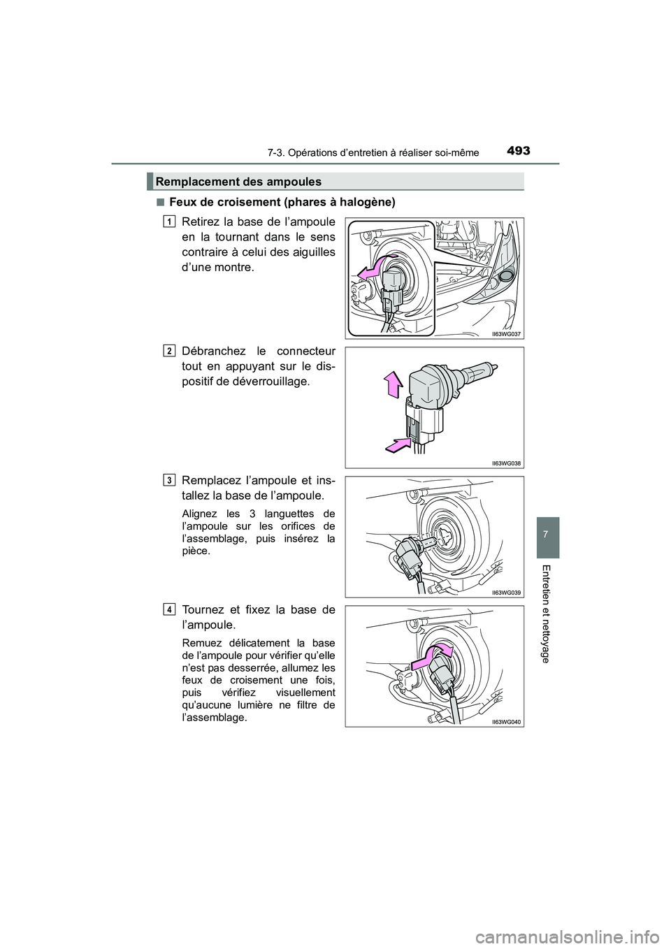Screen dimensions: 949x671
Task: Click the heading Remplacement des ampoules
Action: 238,182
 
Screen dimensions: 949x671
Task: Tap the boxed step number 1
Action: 170,222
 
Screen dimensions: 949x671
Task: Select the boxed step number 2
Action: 170,351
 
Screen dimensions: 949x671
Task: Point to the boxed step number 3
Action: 170,480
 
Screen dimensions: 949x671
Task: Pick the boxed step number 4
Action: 170,609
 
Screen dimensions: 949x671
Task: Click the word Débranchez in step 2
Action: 209,351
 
